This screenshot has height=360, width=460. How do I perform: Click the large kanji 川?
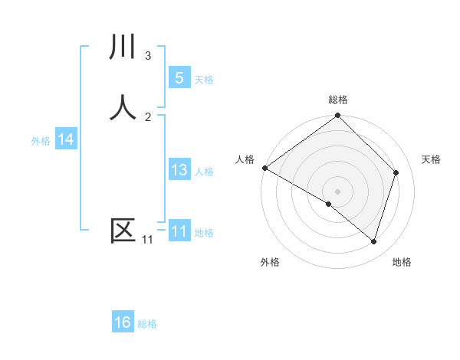(123, 47)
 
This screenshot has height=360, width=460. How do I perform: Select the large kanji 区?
(123, 231)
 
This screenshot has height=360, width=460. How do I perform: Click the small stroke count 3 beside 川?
(148, 55)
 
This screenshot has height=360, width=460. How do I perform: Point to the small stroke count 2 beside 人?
(148, 116)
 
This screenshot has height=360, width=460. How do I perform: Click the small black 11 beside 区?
(147, 240)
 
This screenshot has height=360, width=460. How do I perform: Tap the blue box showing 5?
(179, 77)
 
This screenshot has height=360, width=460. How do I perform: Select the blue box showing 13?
(179, 170)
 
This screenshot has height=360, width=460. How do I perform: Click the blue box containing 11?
(179, 231)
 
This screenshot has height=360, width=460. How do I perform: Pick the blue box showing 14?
(66, 139)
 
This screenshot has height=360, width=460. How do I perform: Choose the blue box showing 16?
(123, 322)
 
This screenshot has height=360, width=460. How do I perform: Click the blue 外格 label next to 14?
(41, 140)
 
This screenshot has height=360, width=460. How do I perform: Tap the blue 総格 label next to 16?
(147, 324)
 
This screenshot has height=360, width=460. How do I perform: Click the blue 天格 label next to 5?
(204, 79)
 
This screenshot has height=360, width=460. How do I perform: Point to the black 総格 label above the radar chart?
(338, 100)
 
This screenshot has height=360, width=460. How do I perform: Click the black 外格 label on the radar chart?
(270, 262)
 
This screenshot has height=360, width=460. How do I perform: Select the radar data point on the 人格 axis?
(264, 168)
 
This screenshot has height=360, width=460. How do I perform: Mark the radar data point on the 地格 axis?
(373, 241)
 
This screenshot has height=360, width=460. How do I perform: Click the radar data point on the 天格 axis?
(396, 172)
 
